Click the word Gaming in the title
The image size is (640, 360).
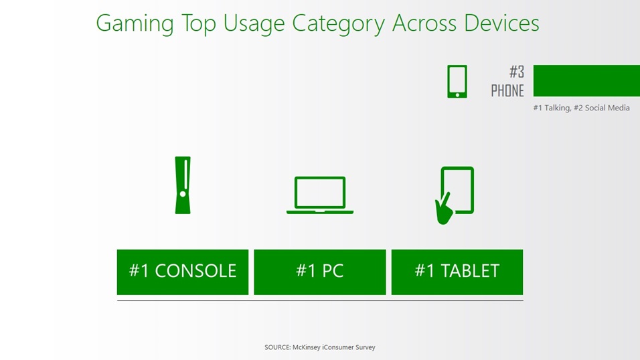[x=135, y=23]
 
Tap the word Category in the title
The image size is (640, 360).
[x=338, y=23]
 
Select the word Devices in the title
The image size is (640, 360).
[x=501, y=23]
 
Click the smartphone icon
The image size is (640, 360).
[x=457, y=82]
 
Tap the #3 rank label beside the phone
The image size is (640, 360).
[x=517, y=72]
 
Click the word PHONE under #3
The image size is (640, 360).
[x=507, y=90]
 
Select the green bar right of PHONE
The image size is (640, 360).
[x=586, y=80]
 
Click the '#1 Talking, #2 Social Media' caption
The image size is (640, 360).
[x=581, y=108]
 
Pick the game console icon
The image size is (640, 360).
[x=183, y=185]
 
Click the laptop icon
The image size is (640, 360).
[x=320, y=195]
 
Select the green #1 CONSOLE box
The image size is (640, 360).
[x=183, y=272]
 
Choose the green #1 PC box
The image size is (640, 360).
[x=319, y=272]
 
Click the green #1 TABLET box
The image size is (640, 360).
[x=457, y=272]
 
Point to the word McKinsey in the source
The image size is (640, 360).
[x=306, y=347]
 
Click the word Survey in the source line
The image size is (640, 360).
[x=365, y=347]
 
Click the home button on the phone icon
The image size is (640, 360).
[x=457, y=95]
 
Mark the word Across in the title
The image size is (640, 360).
[x=424, y=23]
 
